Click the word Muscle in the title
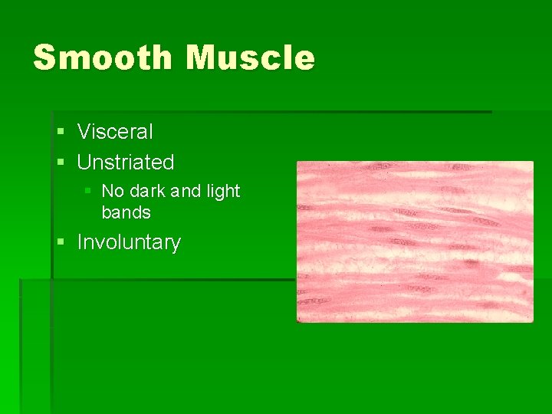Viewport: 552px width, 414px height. click(x=250, y=58)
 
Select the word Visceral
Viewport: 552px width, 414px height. click(x=115, y=132)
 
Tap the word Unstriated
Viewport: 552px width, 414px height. click(x=126, y=163)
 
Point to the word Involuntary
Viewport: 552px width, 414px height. click(x=129, y=242)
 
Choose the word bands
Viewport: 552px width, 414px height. click(x=126, y=212)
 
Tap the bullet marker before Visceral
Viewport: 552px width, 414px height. click(x=61, y=133)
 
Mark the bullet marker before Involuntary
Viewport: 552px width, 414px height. click(x=61, y=243)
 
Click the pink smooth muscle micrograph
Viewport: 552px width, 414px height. click(x=415, y=242)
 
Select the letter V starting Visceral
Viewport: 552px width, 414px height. click(x=84, y=132)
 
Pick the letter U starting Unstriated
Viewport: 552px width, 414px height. click(x=84, y=163)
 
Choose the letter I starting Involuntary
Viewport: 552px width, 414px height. click(x=80, y=242)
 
